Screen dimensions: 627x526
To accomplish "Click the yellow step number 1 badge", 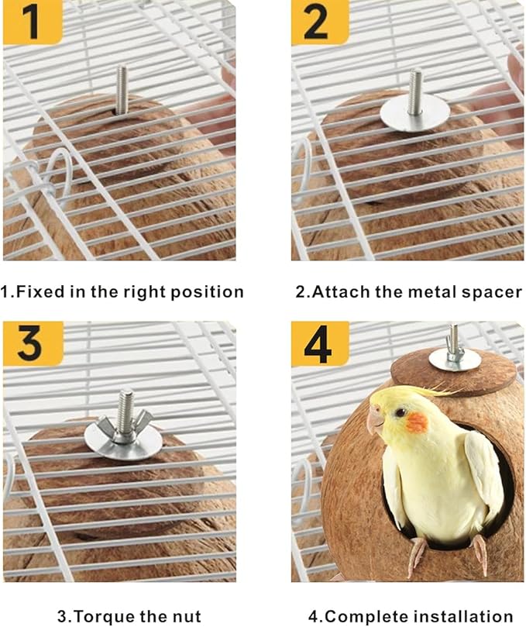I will (x=32, y=22).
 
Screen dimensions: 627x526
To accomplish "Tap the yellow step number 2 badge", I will (x=318, y=22).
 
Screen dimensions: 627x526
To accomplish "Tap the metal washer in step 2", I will (x=414, y=112).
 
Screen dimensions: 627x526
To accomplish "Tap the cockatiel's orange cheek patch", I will (x=416, y=423).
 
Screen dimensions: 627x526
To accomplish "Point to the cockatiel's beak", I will (x=375, y=420).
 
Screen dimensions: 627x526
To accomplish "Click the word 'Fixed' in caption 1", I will (x=40, y=292).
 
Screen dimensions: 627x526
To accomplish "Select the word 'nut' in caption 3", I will (x=186, y=617).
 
